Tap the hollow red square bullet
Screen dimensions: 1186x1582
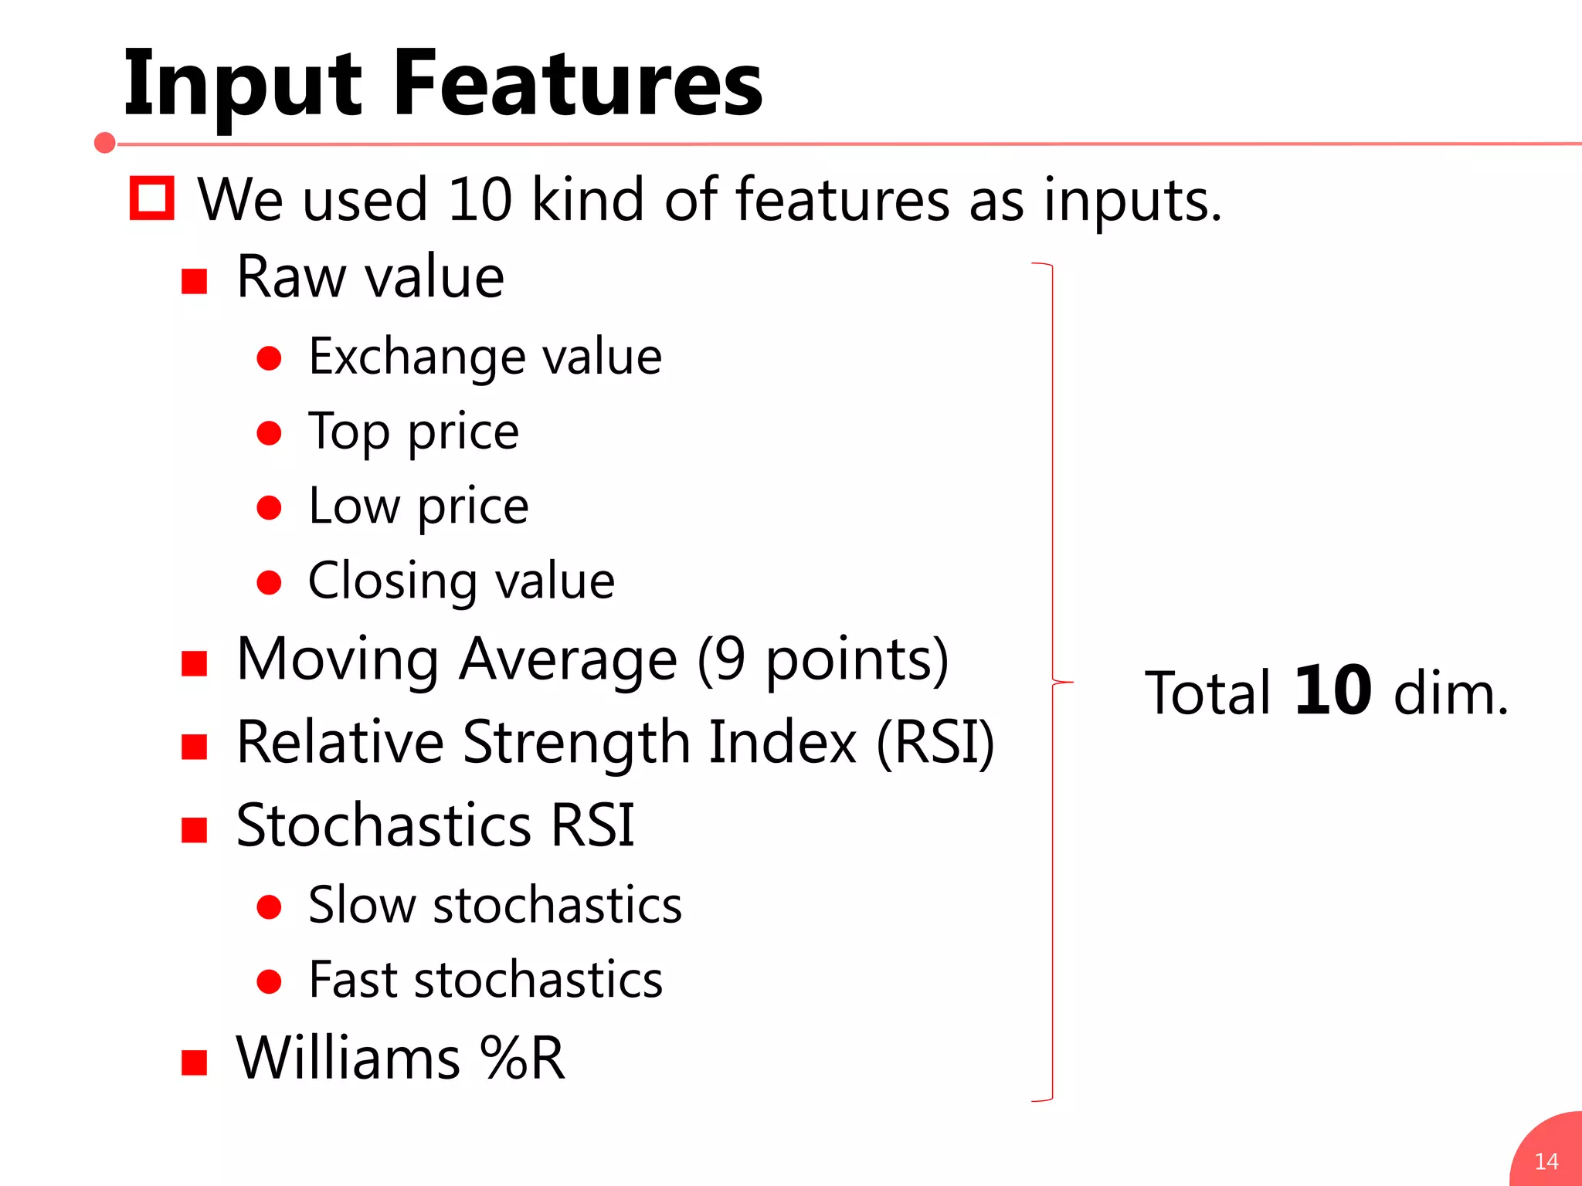[x=151, y=198]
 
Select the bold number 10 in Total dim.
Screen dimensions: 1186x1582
[x=1332, y=691]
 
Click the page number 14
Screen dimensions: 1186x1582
[x=1546, y=1161]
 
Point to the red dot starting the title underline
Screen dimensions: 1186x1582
[x=105, y=143]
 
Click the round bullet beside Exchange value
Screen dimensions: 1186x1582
[x=269, y=358]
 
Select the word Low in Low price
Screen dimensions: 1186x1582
[x=353, y=507]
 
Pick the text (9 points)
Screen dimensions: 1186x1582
[x=823, y=660]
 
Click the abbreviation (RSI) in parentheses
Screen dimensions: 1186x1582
[x=935, y=743]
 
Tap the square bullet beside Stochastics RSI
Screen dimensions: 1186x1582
[x=195, y=830]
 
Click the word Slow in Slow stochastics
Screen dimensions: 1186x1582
[x=362, y=905]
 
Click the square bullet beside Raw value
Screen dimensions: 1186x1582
[x=195, y=282]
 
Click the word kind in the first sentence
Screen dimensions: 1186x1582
[x=587, y=199]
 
